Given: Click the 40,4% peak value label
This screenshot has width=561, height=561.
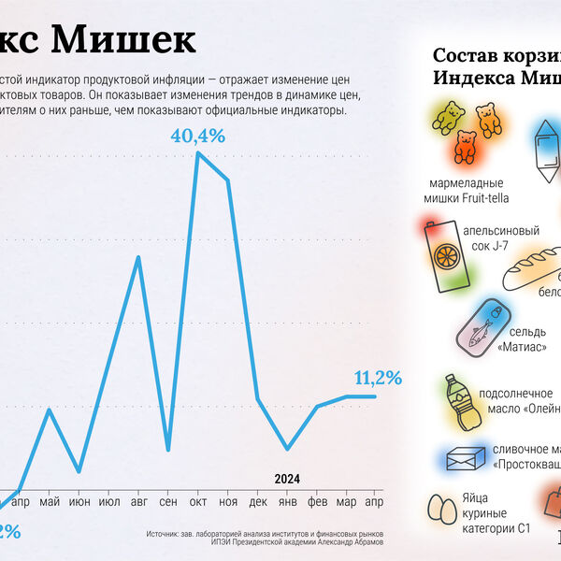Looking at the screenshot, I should click(x=198, y=136).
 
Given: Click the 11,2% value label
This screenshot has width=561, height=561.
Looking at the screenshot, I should click(x=378, y=378).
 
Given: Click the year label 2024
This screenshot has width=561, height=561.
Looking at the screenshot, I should click(x=287, y=479).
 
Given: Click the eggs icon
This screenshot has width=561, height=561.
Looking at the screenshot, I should click(x=442, y=510).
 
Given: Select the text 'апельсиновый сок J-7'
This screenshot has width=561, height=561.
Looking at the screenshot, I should click(x=509, y=239).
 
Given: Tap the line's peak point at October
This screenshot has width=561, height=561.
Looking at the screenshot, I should click(x=198, y=152).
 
